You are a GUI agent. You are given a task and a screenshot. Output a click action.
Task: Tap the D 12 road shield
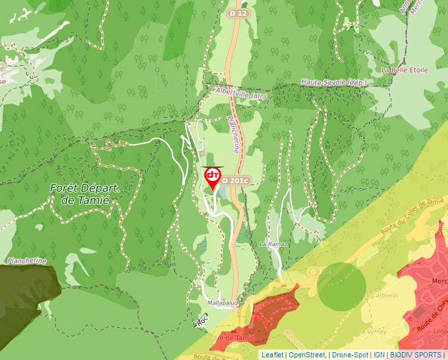click(238, 13)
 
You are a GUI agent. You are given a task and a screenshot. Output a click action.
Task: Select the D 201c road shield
click(237, 180)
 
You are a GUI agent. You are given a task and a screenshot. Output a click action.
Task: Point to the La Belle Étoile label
click(405, 70)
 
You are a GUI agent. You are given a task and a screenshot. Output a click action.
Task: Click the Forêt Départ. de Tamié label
click(86, 193)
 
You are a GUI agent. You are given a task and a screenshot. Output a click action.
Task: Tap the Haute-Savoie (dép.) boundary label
click(333, 82)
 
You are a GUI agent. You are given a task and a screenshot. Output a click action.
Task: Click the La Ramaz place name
click(273, 244)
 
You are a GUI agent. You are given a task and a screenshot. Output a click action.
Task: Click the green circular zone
click(341, 284)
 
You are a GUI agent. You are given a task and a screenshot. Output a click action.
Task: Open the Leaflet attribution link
click(272, 355)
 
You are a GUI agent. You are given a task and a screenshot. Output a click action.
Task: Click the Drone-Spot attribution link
click(349, 355)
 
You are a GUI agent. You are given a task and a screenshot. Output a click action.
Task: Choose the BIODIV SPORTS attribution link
click(415, 355)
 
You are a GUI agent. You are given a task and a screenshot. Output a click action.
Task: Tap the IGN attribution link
click(379, 355)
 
